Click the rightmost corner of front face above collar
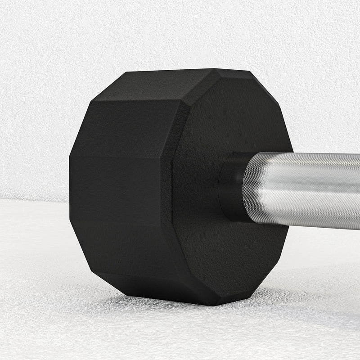pyautogui.click(x=292, y=151)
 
